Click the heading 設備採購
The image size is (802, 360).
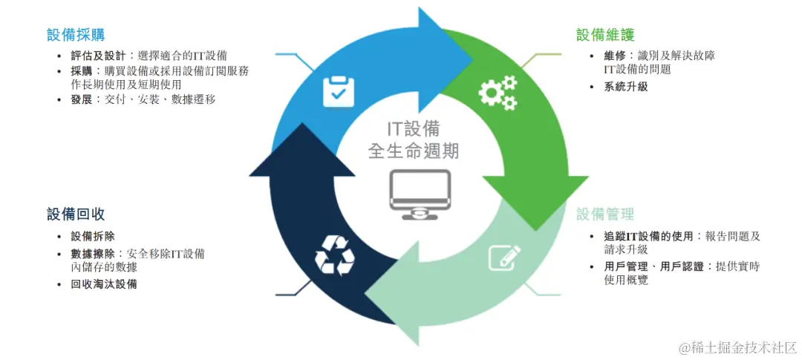(76, 34)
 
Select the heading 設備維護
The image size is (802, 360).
(605, 35)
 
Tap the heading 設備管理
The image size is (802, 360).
(605, 215)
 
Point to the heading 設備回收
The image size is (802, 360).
(76, 215)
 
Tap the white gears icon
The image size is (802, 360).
(497, 93)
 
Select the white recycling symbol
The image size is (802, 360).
(335, 255)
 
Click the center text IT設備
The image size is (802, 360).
(414, 128)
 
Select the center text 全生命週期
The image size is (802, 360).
(414, 151)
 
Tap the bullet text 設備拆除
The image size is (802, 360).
(93, 237)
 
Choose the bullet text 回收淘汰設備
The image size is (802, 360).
(104, 284)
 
